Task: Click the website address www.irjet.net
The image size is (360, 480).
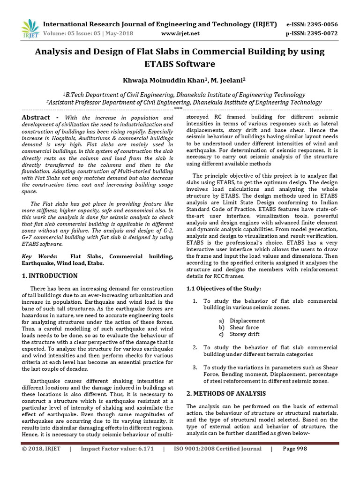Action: point(180,33)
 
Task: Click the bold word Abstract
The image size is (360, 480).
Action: point(36,118)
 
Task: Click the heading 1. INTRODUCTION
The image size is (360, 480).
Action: point(50,276)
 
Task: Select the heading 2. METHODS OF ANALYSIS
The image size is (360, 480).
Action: point(226,393)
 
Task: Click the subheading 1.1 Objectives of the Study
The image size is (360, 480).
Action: point(224,288)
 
